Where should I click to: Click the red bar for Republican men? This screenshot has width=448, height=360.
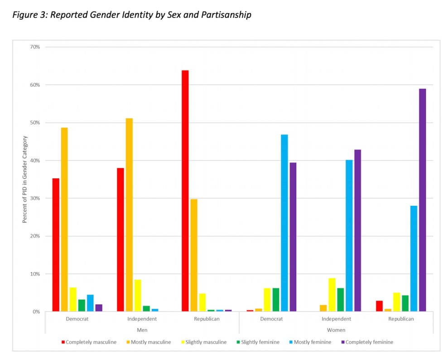(x=185, y=191)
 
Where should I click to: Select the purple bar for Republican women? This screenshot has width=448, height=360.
(x=422, y=200)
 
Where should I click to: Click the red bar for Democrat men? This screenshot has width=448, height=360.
(x=56, y=245)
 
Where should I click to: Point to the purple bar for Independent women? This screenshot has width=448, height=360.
(x=357, y=230)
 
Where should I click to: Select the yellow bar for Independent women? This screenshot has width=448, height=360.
(x=332, y=295)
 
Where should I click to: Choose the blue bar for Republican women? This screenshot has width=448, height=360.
(x=414, y=258)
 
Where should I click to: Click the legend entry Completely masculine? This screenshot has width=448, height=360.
(x=91, y=342)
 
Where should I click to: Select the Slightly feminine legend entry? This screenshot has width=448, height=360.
(x=260, y=342)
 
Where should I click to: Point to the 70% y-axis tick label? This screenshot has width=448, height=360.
(x=35, y=47)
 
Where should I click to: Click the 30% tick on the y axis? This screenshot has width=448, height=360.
(x=35, y=198)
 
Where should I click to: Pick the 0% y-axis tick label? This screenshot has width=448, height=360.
(x=36, y=311)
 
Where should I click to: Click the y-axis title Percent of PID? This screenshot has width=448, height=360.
(x=25, y=179)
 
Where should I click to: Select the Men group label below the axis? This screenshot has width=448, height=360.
(x=142, y=330)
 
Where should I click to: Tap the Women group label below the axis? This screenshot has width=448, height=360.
(x=336, y=330)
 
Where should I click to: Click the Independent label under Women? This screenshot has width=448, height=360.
(x=336, y=319)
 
